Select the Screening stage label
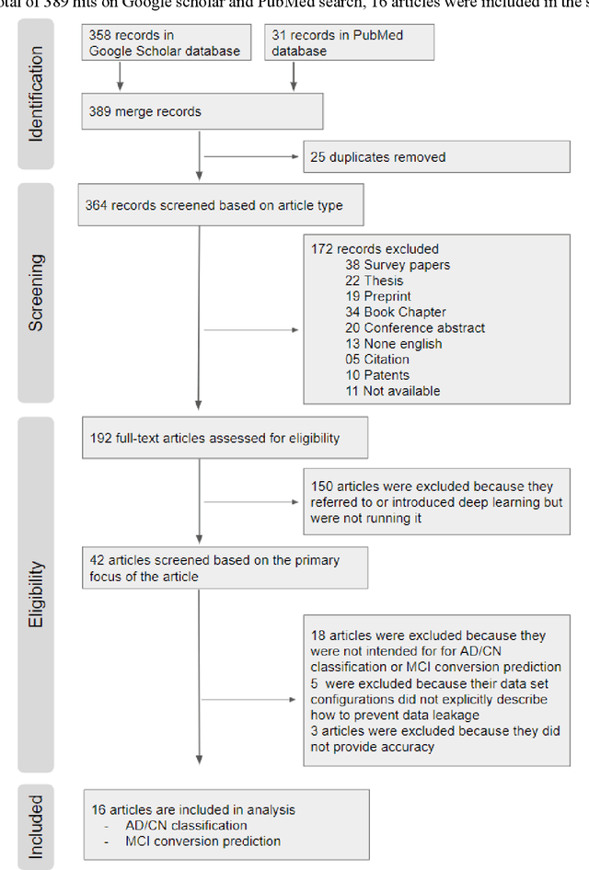[36, 292]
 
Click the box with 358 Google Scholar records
[165, 43]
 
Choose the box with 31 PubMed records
[349, 43]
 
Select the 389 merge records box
[202, 110]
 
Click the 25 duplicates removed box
[436, 157]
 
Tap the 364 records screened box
[221, 206]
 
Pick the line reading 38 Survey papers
[397, 265]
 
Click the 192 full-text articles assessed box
[224, 438]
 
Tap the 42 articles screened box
[224, 568]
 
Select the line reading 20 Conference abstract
[415, 328]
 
